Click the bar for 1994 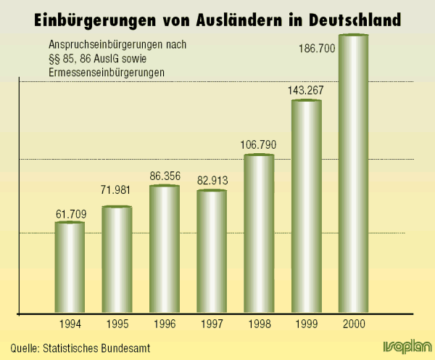(70, 267)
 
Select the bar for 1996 (165, 249)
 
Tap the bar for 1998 (259, 234)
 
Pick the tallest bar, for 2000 (353, 174)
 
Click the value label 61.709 (70, 213)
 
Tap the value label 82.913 (212, 179)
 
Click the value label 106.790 (259, 144)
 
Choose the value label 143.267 (306, 91)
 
